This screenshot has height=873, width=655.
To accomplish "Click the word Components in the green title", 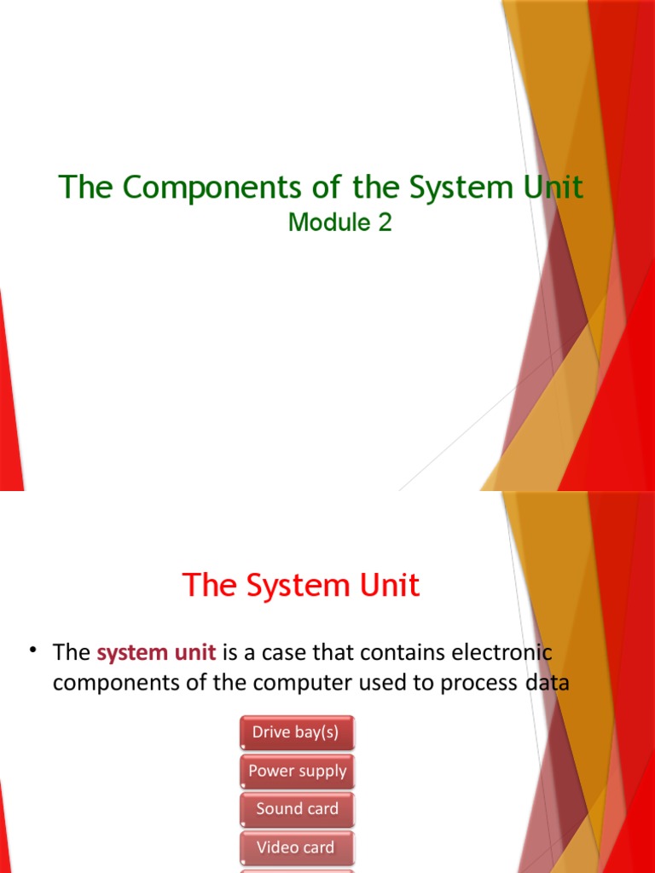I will click(x=183, y=188).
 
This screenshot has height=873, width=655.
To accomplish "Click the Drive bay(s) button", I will click(x=297, y=732).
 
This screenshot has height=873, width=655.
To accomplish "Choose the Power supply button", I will click(x=297, y=771).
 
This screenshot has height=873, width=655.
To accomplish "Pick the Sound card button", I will click(x=297, y=808).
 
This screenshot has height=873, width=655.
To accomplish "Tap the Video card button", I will click(x=297, y=847).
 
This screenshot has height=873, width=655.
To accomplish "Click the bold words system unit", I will click(x=156, y=653).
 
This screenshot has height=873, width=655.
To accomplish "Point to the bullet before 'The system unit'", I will click(x=34, y=651).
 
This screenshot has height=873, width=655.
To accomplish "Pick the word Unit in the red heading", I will click(x=388, y=586).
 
